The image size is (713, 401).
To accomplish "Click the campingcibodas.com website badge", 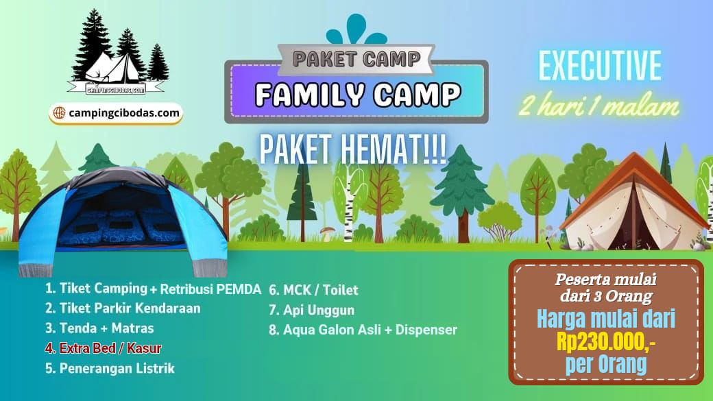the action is (x=116, y=113).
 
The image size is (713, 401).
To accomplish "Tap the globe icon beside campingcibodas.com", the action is (x=59, y=112).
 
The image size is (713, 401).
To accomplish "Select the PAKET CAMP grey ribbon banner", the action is (x=356, y=59).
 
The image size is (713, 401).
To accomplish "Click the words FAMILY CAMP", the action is (x=358, y=95).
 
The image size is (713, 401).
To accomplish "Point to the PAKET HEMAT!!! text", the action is (x=353, y=149).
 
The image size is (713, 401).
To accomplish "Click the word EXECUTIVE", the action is (x=600, y=66).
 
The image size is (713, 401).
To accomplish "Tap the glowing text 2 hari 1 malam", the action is (x=599, y=106).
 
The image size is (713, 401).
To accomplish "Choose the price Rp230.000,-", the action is (x=606, y=342).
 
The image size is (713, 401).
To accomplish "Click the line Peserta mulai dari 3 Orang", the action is (x=605, y=287).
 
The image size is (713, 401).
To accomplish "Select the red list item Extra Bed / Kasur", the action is (x=104, y=348).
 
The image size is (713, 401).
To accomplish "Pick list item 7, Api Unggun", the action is (x=311, y=310).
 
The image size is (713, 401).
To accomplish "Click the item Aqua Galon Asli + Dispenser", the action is (x=363, y=330).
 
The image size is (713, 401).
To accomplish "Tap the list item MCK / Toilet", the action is (x=313, y=290).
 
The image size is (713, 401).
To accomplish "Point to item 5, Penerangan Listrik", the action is (x=110, y=368).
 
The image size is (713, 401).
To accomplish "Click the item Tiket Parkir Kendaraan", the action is (x=123, y=308).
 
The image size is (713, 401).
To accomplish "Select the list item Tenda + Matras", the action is (x=99, y=328).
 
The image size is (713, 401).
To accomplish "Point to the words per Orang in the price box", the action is (x=606, y=364).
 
